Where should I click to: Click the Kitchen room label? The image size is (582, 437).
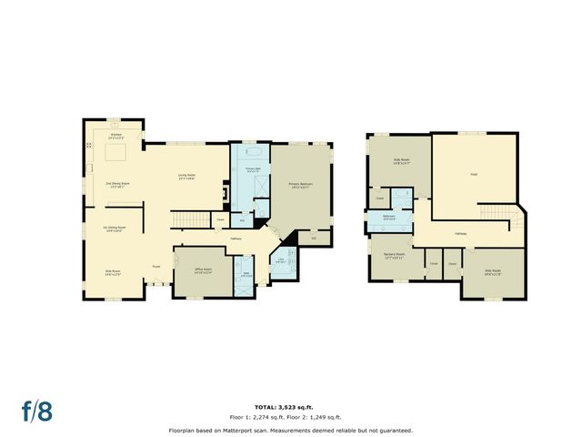coord(116,134)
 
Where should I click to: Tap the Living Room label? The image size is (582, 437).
coord(187,176)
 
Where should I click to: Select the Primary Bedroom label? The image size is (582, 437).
coord(301,185)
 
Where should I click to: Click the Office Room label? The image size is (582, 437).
coord(202,269)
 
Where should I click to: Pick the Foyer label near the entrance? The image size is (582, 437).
coord(156,267)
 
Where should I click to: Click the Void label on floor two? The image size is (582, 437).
coord(474,174)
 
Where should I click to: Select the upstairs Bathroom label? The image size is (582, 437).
coord(388,218)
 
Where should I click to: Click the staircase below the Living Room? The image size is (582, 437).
coord(188,219)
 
